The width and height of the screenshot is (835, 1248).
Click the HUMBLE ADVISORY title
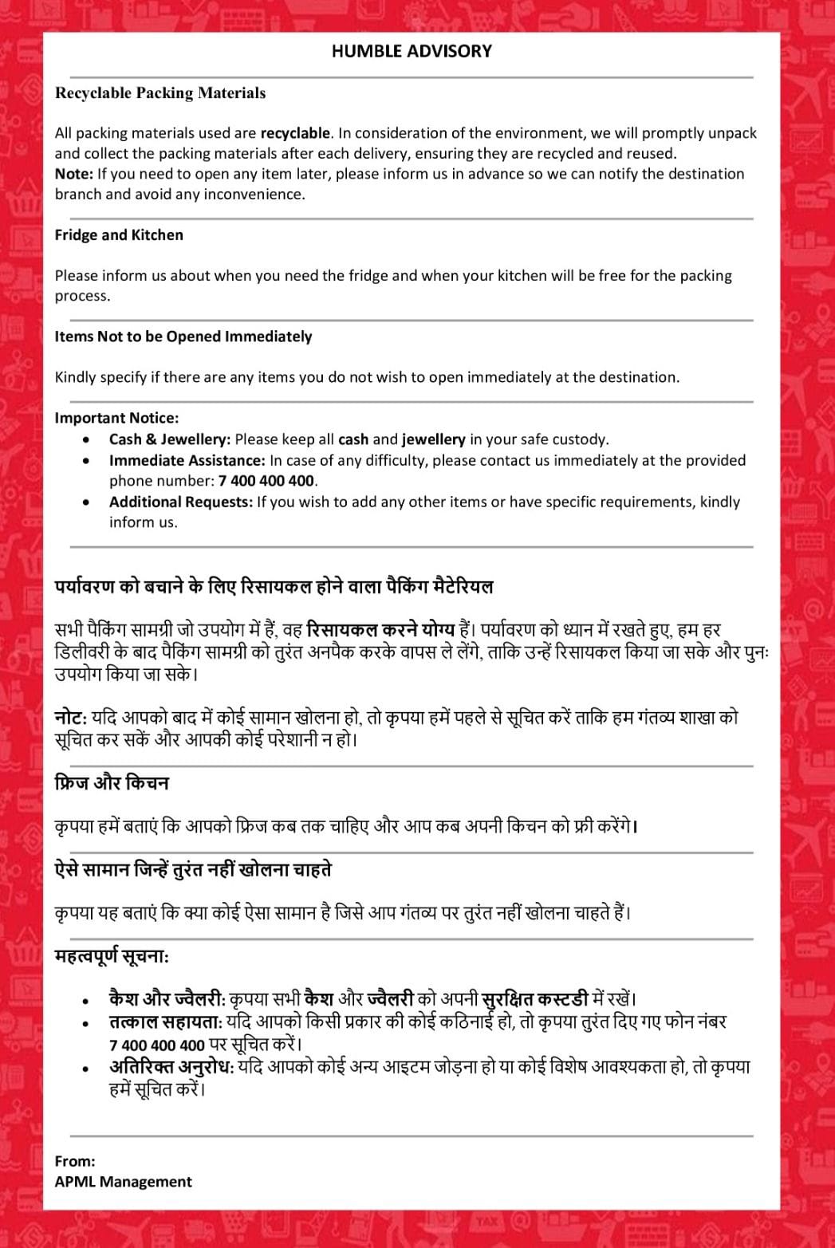coord(412,51)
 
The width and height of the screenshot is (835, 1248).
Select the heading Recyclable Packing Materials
coord(160,93)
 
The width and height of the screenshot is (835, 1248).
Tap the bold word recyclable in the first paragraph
coord(294,133)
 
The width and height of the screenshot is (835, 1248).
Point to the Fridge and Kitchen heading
coord(119,235)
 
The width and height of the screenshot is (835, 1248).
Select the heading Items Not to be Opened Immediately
coord(183,337)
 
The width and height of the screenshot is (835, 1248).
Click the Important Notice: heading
coord(116,418)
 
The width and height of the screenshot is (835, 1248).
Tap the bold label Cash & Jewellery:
coord(170,439)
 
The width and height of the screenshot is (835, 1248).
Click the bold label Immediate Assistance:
coord(187,460)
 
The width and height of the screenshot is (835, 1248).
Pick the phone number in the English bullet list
coord(267,481)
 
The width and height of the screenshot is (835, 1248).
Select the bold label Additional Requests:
coord(181,502)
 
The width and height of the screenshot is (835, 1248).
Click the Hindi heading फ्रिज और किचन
coord(112,783)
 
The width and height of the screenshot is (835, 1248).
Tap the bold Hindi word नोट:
coord(71,717)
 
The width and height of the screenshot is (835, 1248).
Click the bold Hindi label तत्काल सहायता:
coord(167,1022)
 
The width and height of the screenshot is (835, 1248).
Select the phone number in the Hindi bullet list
coord(157,1045)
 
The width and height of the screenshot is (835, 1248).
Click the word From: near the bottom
coord(75,1161)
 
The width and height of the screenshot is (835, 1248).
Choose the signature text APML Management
coord(124,1182)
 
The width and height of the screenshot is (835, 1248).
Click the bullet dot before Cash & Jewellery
coord(86,439)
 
